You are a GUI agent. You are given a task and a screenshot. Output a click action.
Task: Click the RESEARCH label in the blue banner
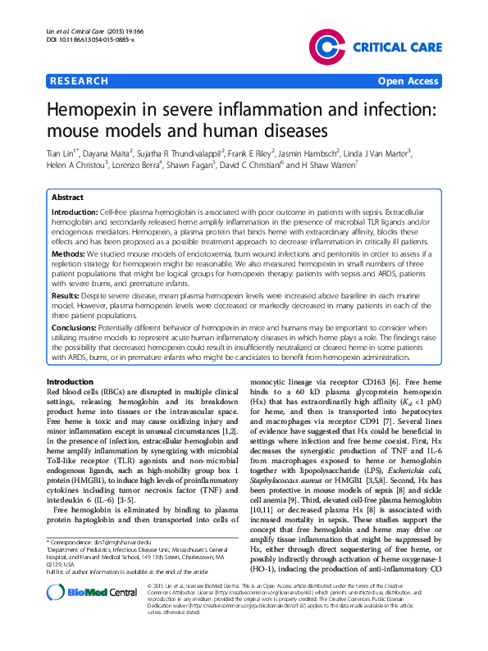point(80,82)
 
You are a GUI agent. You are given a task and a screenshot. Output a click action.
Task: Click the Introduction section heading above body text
point(70,383)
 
